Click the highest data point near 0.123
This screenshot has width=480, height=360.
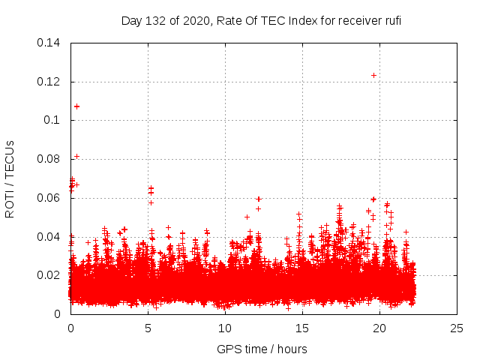tap(373, 75)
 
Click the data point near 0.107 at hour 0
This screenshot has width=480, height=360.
tap(76, 106)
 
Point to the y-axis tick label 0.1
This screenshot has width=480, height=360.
tap(53, 120)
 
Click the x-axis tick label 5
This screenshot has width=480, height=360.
tap(148, 328)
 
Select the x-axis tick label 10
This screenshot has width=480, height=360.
tap(225, 328)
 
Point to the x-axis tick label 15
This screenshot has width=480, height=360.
tap(302, 328)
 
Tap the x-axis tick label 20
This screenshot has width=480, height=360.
tap(379, 328)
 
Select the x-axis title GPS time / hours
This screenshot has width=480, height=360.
tap(262, 349)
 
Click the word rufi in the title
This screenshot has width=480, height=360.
tap(390, 20)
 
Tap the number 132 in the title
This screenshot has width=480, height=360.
tap(155, 20)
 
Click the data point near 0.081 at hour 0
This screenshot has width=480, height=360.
tap(76, 156)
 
